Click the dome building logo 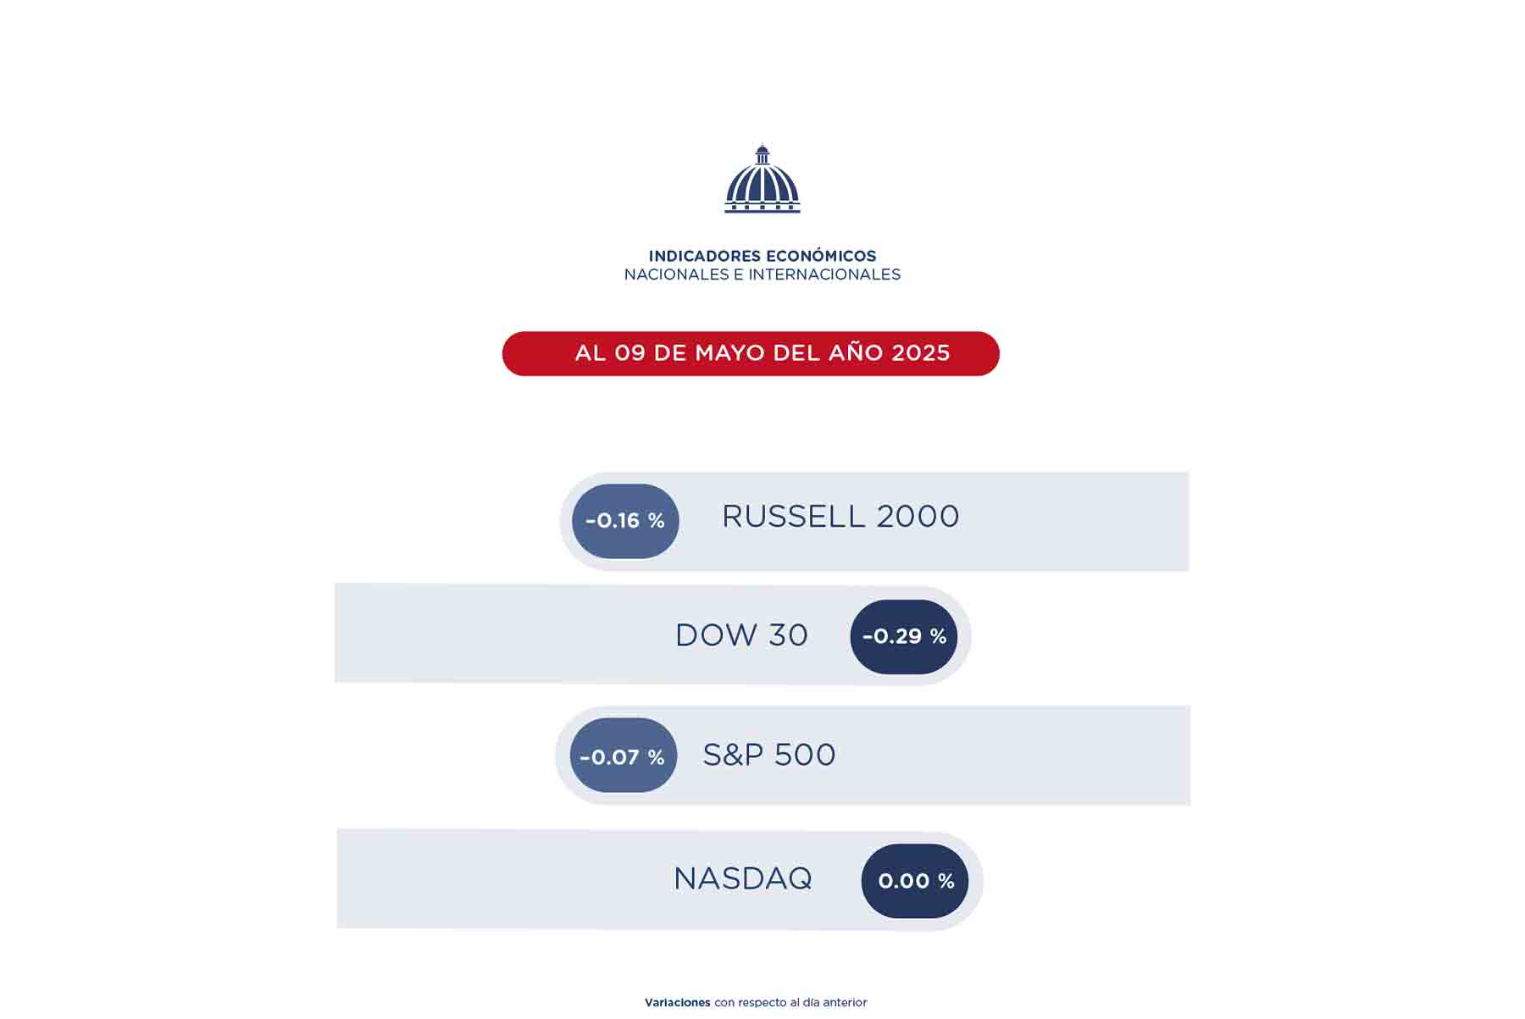point(762,179)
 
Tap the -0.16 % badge point(625,521)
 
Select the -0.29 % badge point(904,637)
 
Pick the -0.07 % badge point(624,756)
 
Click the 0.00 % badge point(915,881)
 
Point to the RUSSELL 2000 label point(840,517)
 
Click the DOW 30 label point(741,635)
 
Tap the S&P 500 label point(769,755)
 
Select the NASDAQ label point(743,878)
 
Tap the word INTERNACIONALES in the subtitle point(824,274)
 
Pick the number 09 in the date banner point(630,353)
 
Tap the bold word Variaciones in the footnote point(678,1003)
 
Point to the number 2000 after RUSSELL point(918,517)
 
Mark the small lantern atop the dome point(762,154)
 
